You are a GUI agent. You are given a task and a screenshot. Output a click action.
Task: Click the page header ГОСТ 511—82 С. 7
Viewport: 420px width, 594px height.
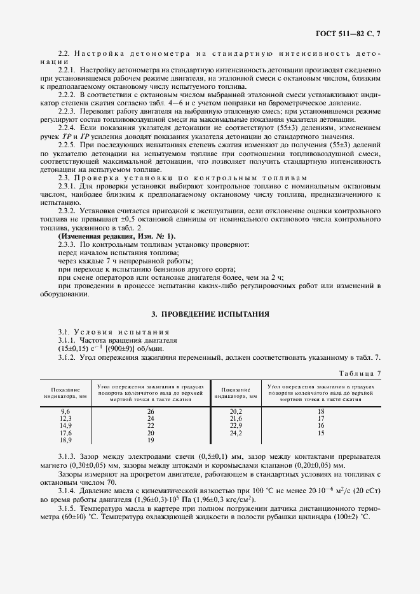coord(351,31)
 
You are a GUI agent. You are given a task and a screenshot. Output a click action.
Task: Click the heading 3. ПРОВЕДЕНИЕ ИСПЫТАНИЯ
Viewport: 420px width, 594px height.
coord(210,313)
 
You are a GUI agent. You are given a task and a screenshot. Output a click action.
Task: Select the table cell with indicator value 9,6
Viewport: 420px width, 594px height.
coord(65,411)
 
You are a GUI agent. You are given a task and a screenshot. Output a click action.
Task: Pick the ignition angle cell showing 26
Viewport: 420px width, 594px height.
coord(151,411)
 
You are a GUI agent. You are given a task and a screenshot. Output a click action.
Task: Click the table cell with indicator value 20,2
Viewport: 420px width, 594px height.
coord(236,411)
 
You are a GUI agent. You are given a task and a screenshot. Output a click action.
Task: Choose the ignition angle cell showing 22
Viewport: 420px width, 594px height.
coord(151,425)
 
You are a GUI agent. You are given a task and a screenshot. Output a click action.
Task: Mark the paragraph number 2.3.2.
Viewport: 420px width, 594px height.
coord(67,209)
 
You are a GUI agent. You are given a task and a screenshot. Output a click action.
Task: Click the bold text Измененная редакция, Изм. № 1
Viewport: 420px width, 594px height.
coord(107,235)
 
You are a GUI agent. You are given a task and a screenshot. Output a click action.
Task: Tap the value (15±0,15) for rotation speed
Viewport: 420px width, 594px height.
coord(55,349)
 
